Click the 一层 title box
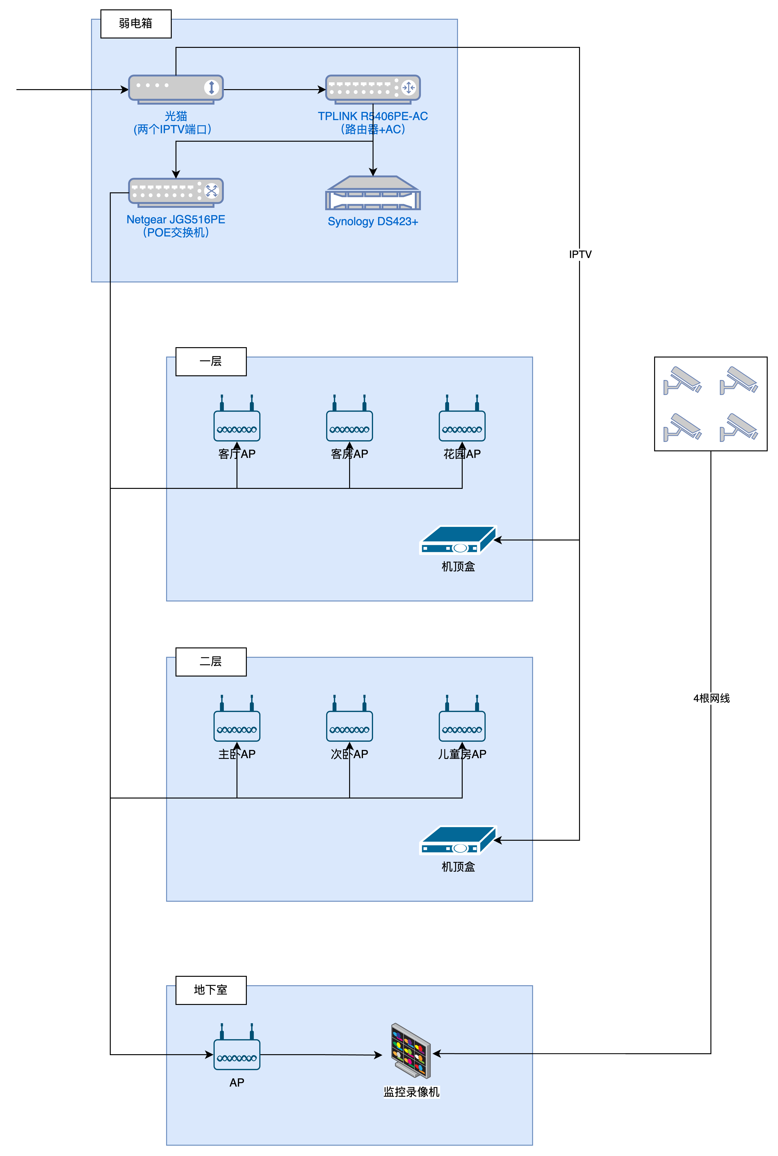coord(211,361)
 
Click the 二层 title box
coord(211,661)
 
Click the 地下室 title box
coord(211,990)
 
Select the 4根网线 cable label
coord(711,698)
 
